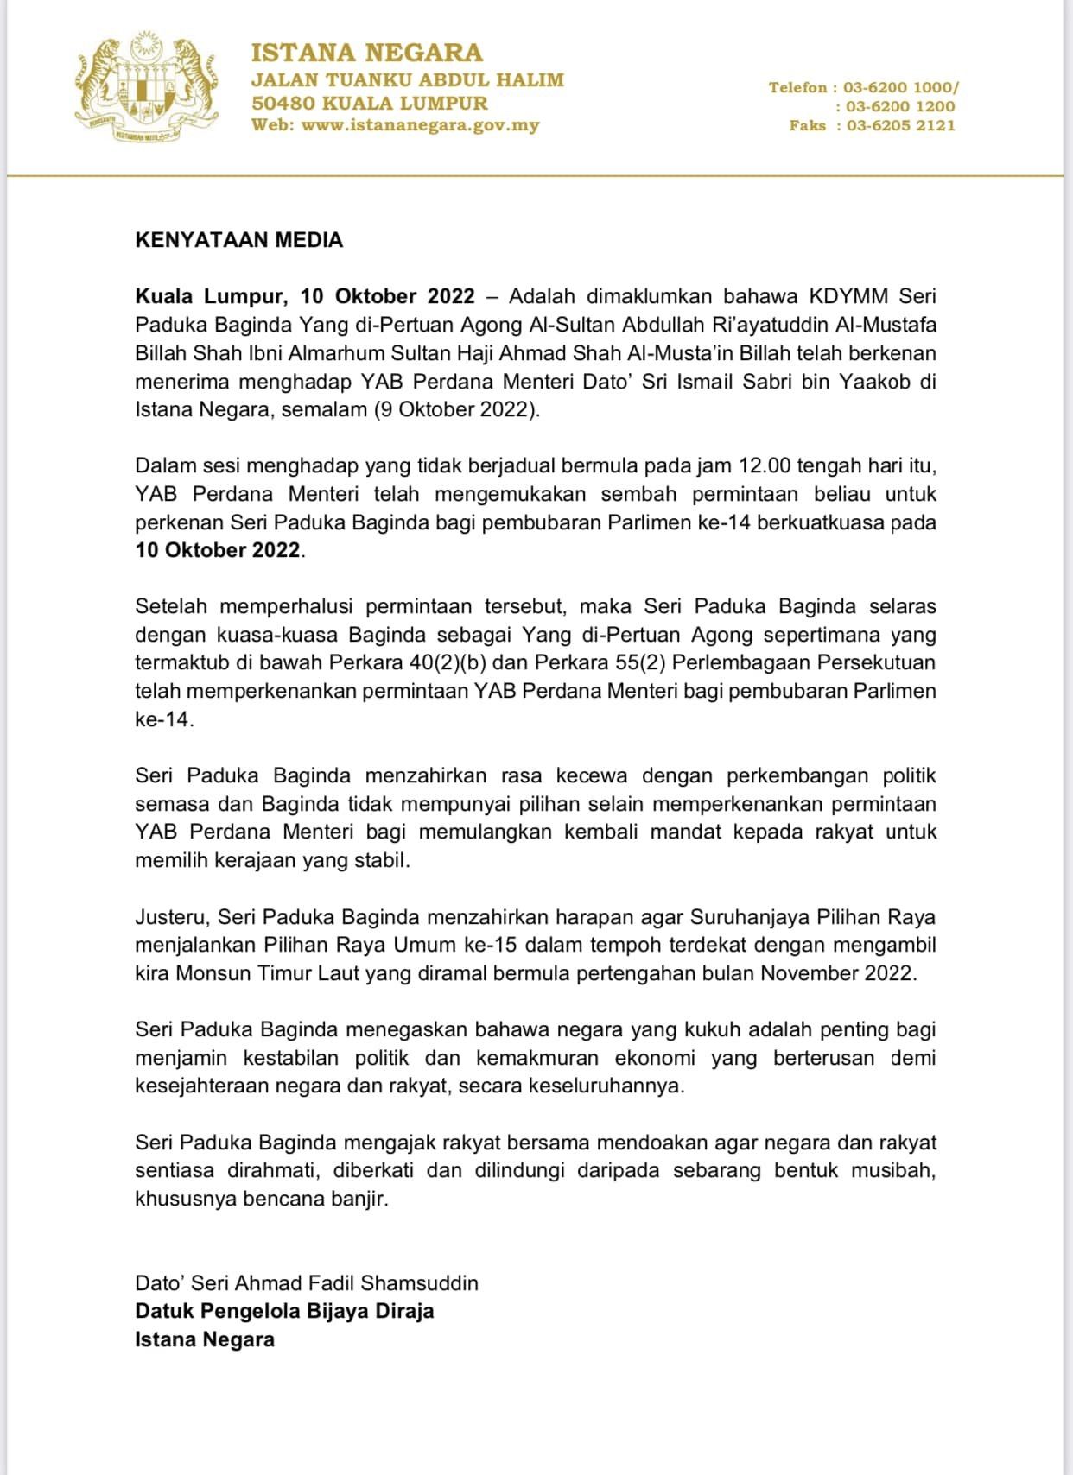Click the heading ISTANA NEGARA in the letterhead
pos(366,53)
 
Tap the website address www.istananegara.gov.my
pos(420,125)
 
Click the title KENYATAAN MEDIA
pos(238,240)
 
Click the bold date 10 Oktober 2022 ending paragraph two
pos(218,550)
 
